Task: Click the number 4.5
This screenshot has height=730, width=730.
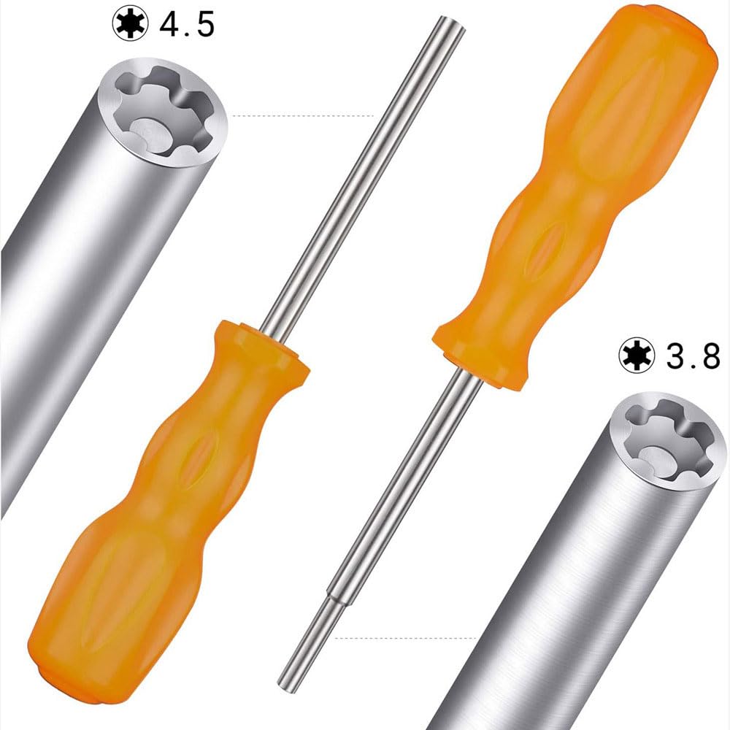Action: click(x=187, y=24)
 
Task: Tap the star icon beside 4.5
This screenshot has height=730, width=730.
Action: click(x=129, y=23)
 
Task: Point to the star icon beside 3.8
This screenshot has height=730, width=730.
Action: click(x=634, y=355)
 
